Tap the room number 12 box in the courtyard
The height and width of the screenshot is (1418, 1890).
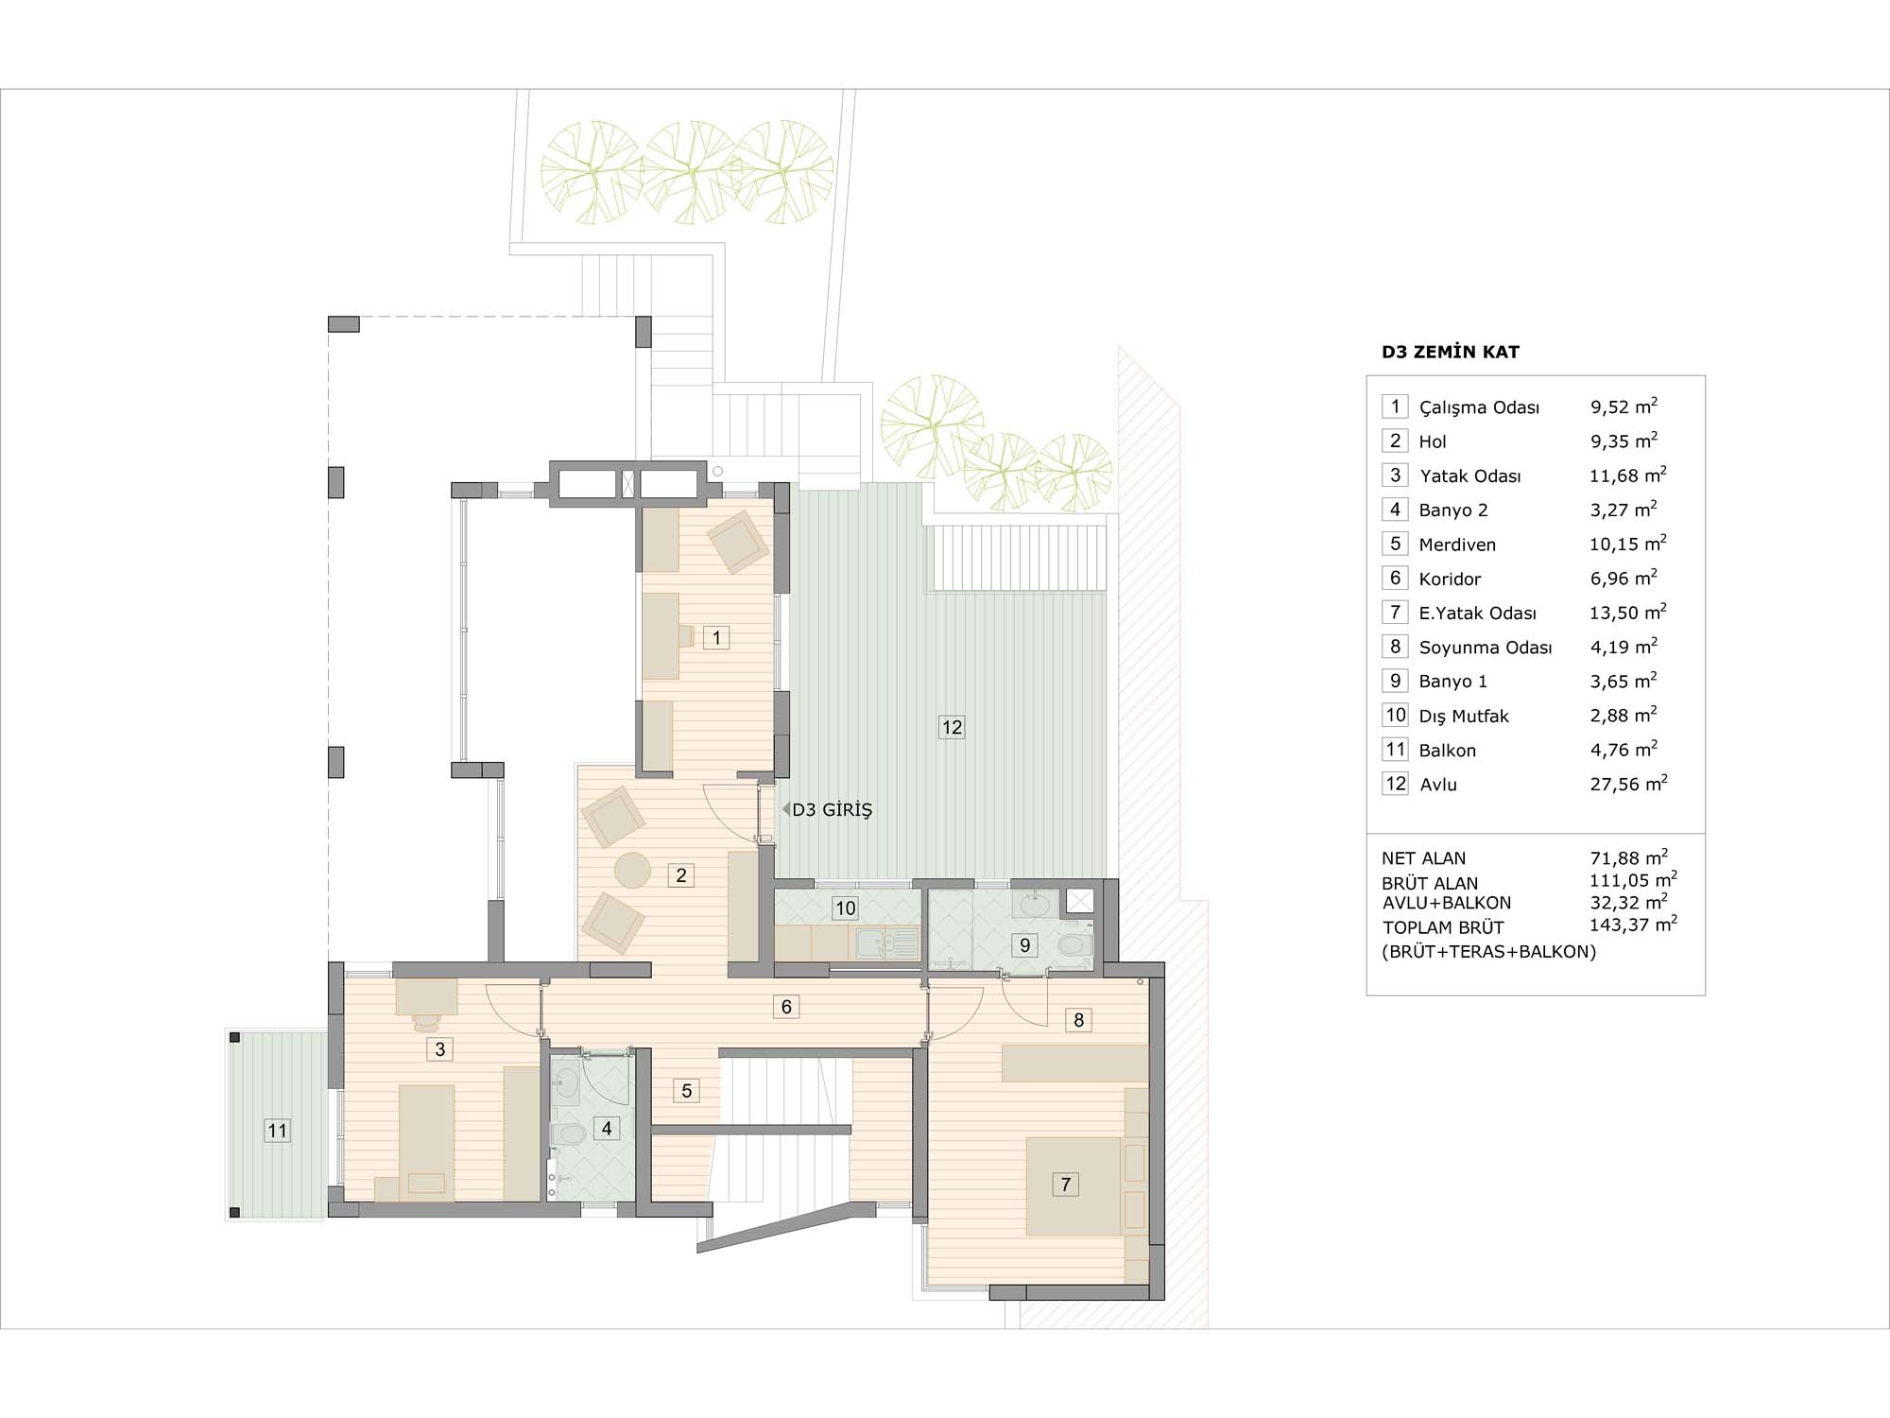952,727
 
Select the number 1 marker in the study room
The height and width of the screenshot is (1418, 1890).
716,638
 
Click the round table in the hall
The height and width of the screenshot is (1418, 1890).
631,870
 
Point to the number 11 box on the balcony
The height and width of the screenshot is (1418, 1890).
277,1131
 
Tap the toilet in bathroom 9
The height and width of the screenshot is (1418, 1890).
1074,944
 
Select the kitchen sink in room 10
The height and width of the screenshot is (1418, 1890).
884,942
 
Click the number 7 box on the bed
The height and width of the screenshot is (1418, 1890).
1066,1185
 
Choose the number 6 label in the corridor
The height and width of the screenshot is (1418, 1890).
786,1007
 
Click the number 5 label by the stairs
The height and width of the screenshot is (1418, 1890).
687,1091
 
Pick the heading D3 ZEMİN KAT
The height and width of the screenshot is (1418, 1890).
1451,353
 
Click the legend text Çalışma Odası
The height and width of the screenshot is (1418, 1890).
1480,408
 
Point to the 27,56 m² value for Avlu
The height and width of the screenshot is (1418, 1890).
1628,783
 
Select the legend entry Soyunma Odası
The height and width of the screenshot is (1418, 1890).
1486,648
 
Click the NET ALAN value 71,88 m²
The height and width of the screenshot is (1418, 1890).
1628,856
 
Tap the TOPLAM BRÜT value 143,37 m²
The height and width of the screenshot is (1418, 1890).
1633,924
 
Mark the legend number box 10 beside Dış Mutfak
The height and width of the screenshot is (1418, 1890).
1396,716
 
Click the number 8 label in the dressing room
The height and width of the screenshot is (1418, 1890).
1079,1020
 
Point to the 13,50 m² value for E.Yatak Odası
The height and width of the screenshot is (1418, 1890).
1628,612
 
